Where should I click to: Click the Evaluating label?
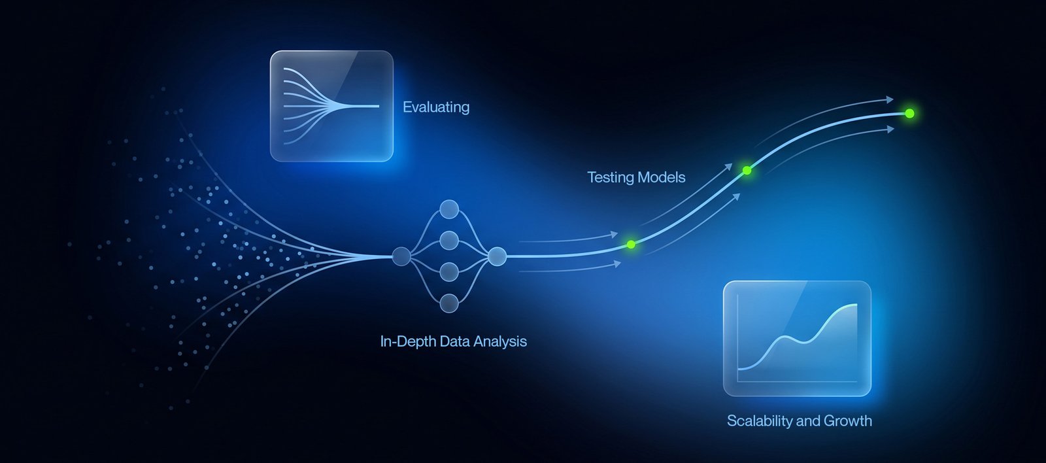pos(436,107)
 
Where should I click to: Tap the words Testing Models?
pos(636,177)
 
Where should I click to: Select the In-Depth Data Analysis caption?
pos(454,341)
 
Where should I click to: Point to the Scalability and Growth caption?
pos(800,421)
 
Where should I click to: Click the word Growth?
pos(848,421)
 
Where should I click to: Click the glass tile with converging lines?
pos(331,106)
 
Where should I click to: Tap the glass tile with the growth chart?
pos(797,338)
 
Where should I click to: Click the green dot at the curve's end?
pos(909,114)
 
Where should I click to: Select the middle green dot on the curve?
pos(747,171)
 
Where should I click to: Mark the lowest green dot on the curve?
pos(632,245)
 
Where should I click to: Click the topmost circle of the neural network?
pos(449,209)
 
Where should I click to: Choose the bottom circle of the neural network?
pos(449,303)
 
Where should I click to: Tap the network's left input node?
pos(401,256)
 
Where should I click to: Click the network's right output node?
pos(497,256)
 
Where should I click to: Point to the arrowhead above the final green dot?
pos(890,99)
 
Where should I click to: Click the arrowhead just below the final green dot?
pos(891,129)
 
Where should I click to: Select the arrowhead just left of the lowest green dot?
pos(615,234)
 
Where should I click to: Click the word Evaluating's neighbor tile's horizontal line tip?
pos(379,106)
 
